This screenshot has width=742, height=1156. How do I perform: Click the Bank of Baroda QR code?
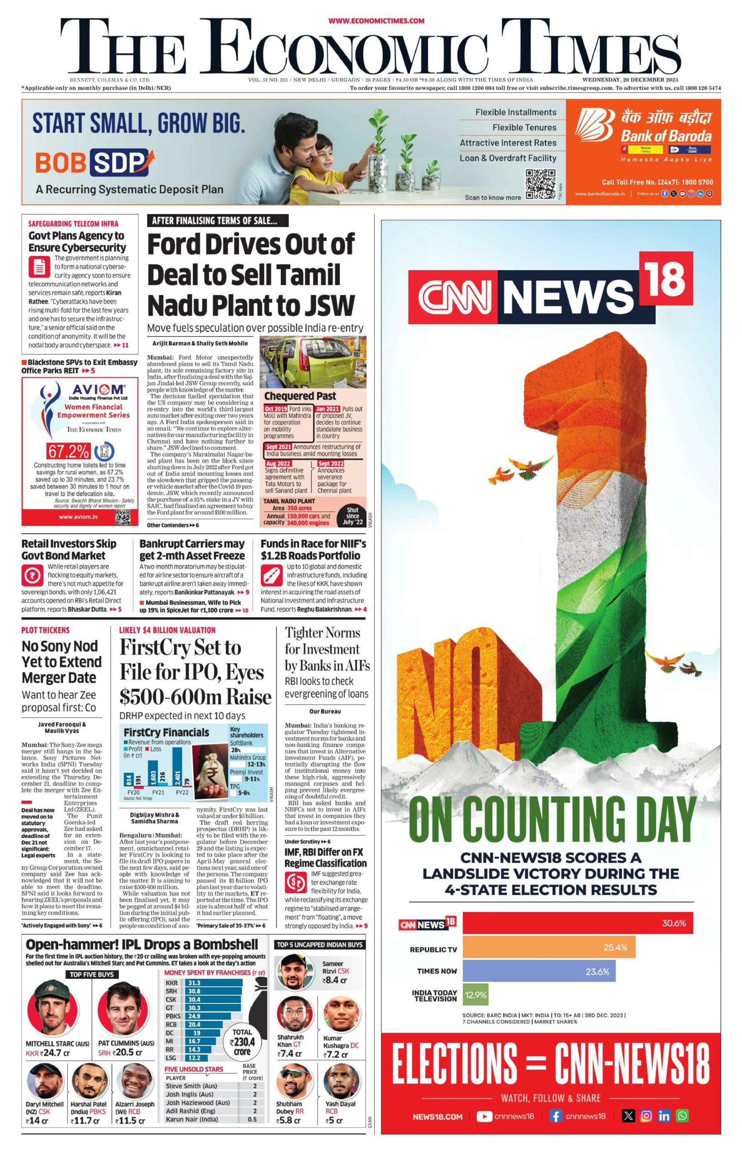coord(540,184)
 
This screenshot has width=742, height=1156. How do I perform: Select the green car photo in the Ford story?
coord(313,362)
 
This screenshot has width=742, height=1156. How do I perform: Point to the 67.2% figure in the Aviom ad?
coord(68,451)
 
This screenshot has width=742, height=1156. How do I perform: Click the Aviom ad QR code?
coord(122,517)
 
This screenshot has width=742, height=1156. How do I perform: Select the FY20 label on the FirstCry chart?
coord(134,792)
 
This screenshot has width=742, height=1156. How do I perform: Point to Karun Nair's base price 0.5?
coord(252,1119)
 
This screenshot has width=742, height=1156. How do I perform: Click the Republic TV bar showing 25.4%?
coord(549,947)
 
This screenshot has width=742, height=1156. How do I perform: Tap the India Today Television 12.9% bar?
coord(475,994)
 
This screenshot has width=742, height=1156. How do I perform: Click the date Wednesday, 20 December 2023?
coord(630,80)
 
